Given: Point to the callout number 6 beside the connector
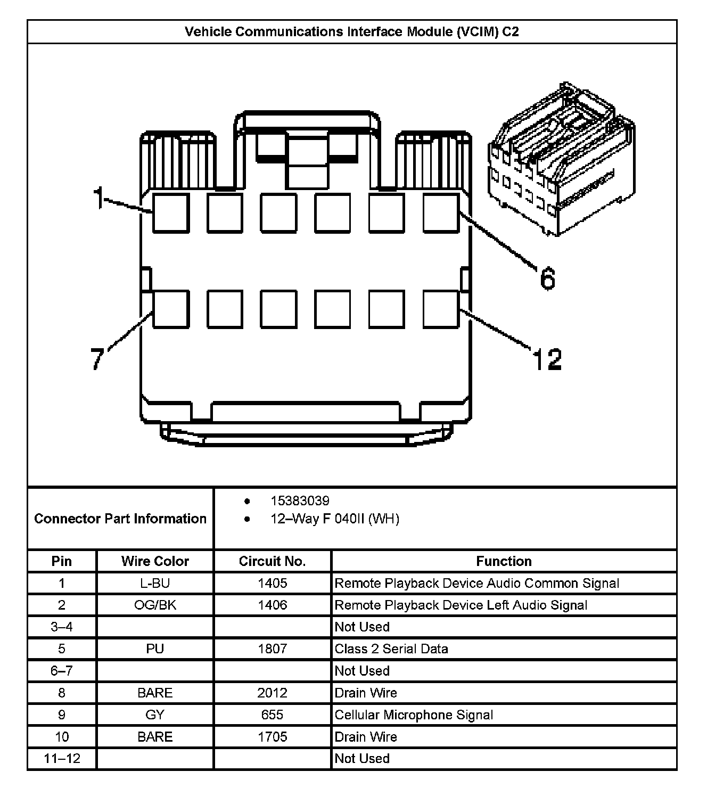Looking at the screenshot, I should [x=547, y=278].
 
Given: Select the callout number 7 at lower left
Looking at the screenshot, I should [x=97, y=358].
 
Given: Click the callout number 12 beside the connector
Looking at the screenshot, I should [x=547, y=359].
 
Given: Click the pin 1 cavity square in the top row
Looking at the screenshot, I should [x=171, y=213].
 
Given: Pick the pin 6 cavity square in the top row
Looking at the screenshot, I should [x=441, y=213].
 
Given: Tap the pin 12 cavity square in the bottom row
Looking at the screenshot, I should [x=441, y=309].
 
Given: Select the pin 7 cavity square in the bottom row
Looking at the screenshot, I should [x=171, y=309].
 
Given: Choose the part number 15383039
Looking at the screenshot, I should [x=300, y=501].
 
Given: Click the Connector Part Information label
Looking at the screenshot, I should [x=120, y=519].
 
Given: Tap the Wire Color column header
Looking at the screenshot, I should [x=155, y=561].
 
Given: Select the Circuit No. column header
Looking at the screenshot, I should [x=272, y=561].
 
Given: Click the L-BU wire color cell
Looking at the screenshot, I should [x=155, y=583].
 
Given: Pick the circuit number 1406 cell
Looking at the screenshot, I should [x=272, y=605].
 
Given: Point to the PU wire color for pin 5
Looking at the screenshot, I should [x=155, y=649].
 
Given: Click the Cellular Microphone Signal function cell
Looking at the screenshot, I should [x=414, y=715].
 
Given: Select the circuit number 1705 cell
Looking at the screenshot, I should [x=272, y=737].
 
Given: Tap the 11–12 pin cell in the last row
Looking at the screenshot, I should [x=62, y=758].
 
